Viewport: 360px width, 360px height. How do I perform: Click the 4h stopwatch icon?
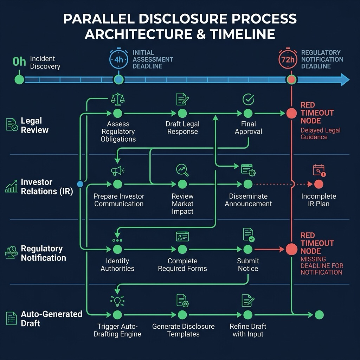coord(119,59)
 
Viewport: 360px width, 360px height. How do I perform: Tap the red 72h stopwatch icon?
coord(288,59)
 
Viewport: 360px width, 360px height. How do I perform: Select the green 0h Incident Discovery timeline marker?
coord(19,80)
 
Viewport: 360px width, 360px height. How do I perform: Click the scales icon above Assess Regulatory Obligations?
coord(118,99)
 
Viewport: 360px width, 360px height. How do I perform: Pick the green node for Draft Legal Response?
coord(182,114)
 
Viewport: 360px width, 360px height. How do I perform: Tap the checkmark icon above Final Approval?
coord(248,99)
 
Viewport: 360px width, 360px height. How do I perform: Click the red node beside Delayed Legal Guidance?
coord(291,114)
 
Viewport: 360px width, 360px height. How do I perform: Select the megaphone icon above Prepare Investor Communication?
coord(117,171)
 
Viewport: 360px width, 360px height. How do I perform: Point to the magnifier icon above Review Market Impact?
coord(182,170)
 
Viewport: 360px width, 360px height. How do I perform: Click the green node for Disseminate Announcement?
coord(248,184)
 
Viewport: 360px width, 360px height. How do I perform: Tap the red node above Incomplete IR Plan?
coord(319,184)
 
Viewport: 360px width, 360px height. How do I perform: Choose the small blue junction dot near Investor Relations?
coord(80,184)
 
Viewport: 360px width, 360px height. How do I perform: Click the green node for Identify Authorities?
coord(117,249)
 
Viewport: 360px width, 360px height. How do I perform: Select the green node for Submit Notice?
coord(248,249)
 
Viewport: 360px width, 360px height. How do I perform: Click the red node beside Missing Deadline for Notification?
coord(291,249)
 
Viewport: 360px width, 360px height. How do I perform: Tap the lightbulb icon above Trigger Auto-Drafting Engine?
coord(117,301)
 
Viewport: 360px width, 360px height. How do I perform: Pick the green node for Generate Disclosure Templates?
coord(182,315)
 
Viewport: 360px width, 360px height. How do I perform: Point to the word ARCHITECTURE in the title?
coord(139,34)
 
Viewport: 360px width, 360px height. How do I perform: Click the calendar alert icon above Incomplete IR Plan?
coord(319,171)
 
